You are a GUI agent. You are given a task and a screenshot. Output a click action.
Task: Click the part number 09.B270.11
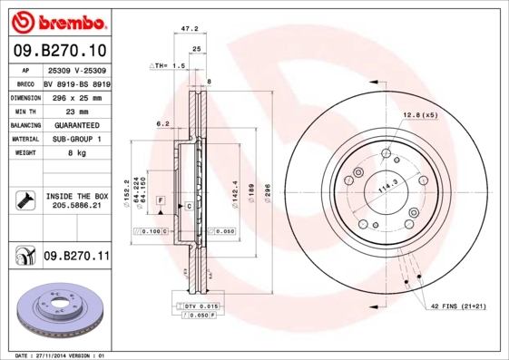click(75, 258)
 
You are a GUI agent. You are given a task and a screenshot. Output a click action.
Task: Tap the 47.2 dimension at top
click(190, 29)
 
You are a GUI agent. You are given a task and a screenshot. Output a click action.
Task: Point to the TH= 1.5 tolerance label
click(167, 67)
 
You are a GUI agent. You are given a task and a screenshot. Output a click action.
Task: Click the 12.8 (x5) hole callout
click(419, 115)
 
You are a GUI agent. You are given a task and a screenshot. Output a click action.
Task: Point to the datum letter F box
click(160, 198)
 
